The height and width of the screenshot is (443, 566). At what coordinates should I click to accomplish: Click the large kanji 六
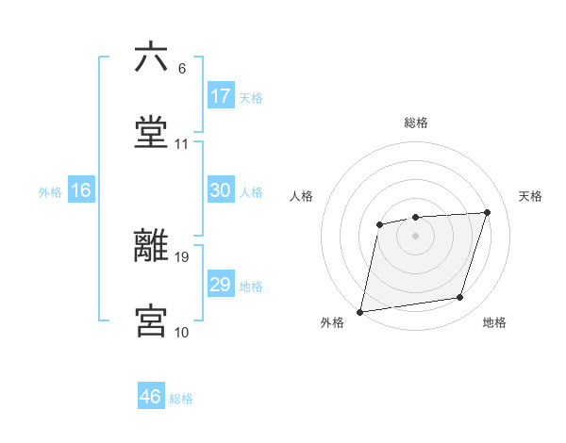(151, 57)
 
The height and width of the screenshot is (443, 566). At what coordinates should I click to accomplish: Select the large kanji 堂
(151, 133)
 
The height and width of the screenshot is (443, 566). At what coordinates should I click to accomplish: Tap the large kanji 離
(151, 246)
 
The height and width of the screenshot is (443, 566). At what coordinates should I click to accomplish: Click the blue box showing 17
(221, 96)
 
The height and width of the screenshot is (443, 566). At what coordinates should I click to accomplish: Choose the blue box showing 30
(221, 190)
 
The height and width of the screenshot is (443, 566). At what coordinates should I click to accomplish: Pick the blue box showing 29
(221, 285)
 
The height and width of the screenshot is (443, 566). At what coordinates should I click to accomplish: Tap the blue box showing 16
(81, 190)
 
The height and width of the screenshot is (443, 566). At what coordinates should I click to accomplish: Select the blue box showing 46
(151, 397)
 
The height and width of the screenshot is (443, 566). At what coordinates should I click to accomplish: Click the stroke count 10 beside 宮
(181, 332)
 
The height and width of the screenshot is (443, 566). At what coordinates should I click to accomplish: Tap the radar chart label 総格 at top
(416, 123)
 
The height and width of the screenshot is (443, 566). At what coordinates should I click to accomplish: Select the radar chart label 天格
(531, 196)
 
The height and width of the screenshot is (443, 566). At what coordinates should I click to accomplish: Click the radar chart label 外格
(332, 323)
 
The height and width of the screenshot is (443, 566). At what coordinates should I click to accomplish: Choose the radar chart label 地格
(494, 323)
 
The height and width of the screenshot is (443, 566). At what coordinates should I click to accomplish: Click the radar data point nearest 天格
(488, 212)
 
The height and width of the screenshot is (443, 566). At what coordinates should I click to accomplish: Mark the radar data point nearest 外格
(360, 311)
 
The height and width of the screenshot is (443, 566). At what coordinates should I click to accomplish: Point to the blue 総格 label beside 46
(181, 399)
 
